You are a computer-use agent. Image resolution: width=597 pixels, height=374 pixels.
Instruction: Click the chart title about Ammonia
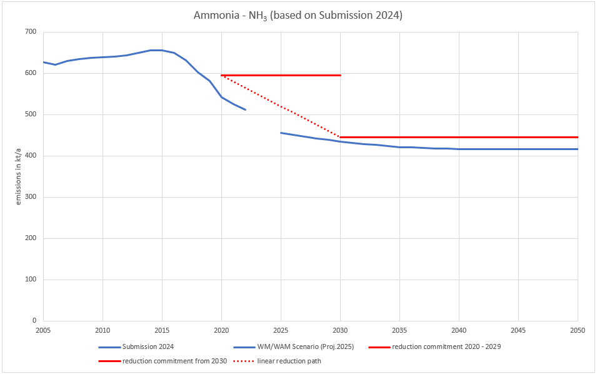point(298,15)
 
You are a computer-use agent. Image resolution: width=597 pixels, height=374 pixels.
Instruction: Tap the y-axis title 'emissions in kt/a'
point(19,176)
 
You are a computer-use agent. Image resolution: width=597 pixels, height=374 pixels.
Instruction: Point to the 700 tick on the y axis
point(30,32)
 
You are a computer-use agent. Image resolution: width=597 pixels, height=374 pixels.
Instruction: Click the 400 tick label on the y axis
point(30,156)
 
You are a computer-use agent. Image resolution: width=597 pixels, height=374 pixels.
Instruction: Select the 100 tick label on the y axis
point(30,280)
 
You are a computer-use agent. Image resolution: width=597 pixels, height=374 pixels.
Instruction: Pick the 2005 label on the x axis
point(43,330)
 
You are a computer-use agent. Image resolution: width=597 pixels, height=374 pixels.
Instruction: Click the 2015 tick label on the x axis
point(162,330)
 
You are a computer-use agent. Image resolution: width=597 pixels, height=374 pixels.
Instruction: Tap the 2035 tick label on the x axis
point(399,330)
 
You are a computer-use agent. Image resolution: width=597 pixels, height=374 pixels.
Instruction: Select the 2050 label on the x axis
point(577,330)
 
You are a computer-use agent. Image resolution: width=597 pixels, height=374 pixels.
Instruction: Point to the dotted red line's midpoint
point(281,106)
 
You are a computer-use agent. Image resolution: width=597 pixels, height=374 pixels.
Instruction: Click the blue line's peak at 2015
point(162,50)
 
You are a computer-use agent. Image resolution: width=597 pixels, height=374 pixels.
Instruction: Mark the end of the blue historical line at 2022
point(245,110)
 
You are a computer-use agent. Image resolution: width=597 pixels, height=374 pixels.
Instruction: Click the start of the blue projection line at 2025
point(281,133)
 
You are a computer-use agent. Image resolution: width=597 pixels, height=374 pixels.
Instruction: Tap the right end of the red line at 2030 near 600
point(340,75)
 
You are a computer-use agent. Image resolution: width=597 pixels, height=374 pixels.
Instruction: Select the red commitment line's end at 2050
point(577,137)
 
